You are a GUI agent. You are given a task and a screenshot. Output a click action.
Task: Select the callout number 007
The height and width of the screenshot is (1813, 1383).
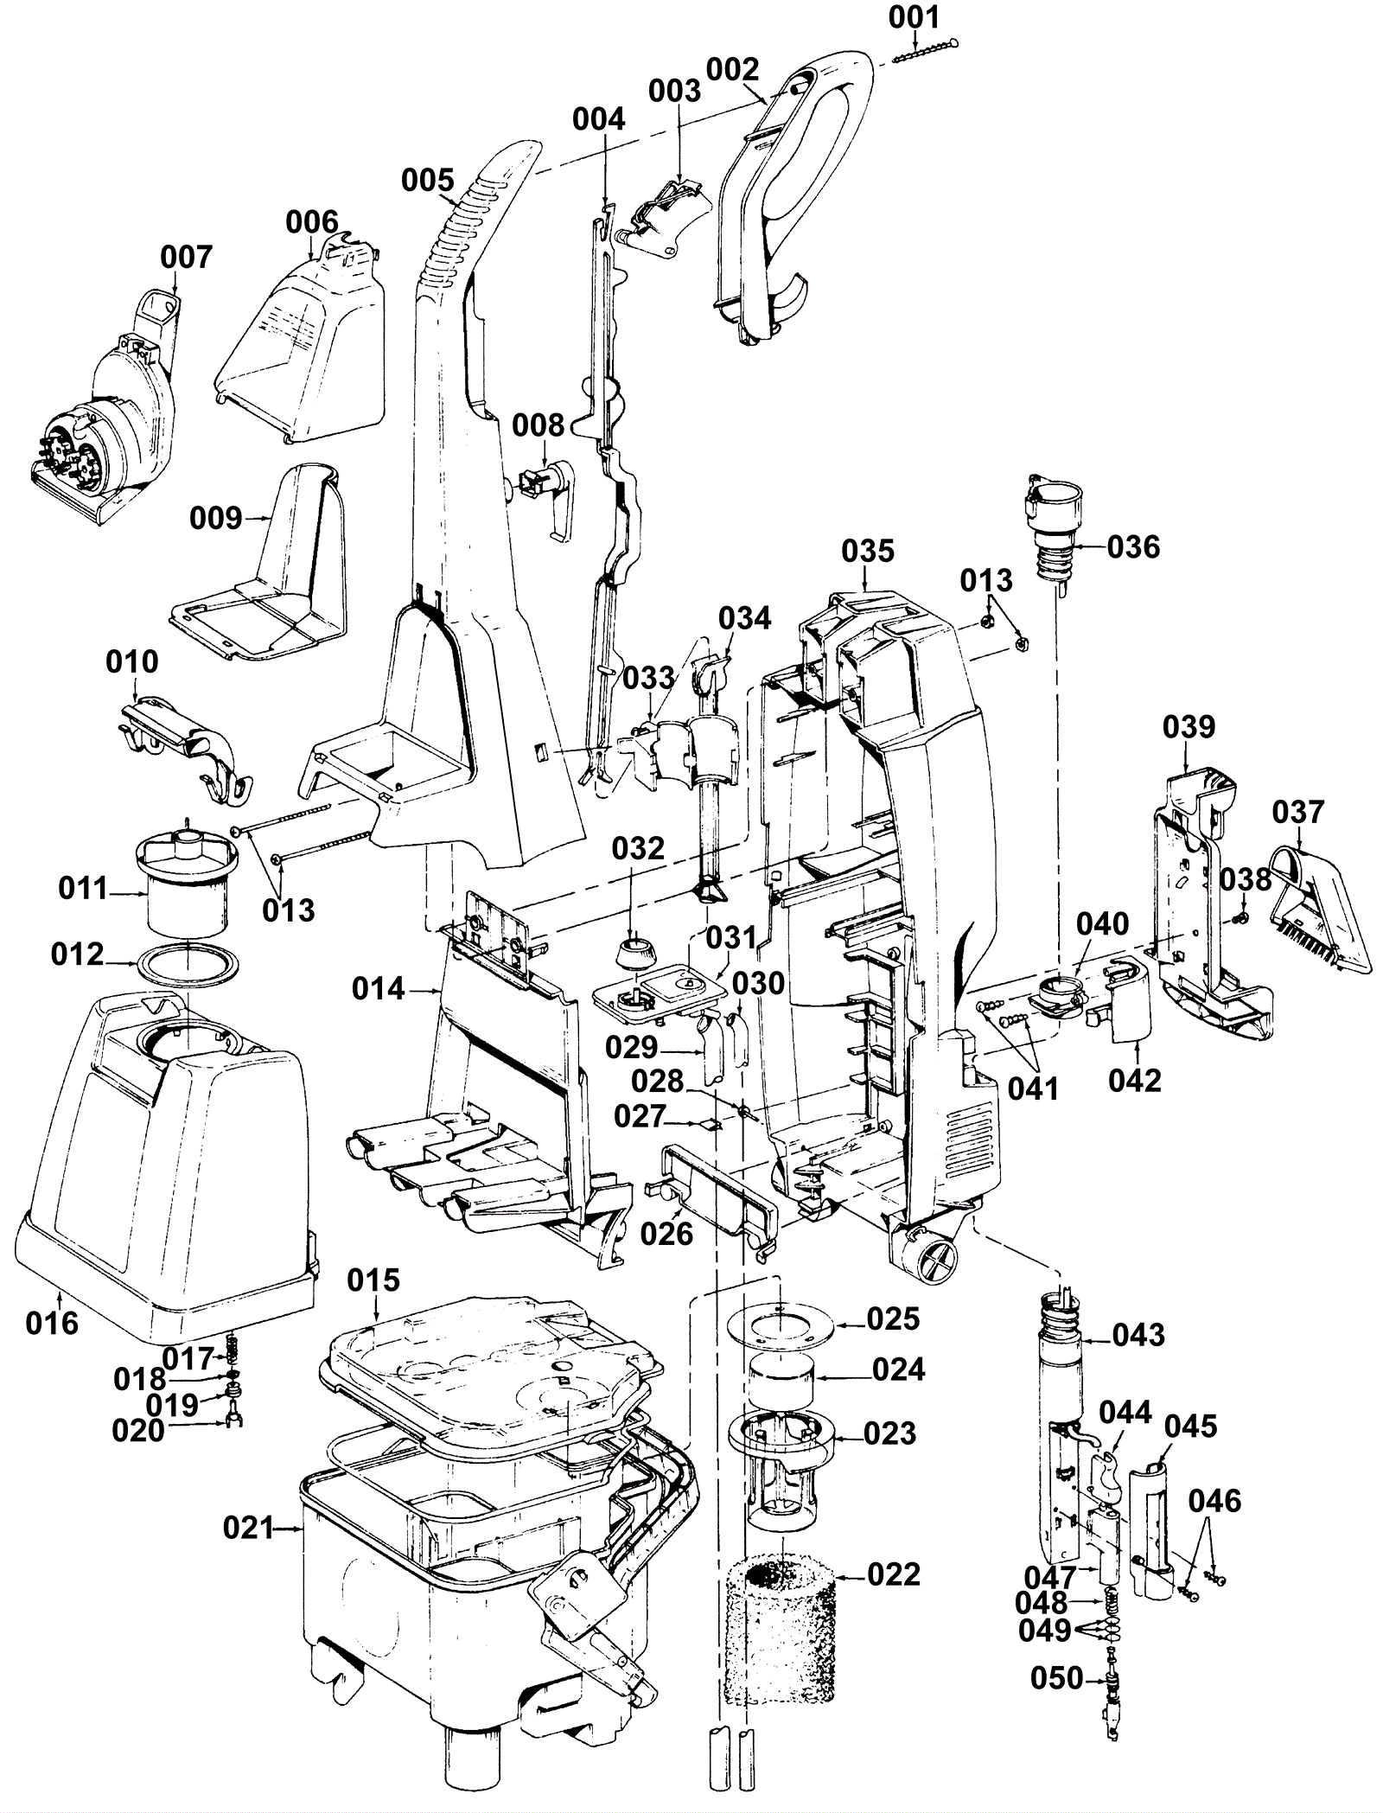pyautogui.click(x=186, y=257)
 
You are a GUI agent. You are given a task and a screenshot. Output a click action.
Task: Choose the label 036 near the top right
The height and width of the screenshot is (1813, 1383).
pyautogui.click(x=1133, y=546)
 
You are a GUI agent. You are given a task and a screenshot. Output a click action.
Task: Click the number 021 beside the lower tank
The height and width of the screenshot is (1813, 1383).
pyautogui.click(x=248, y=1528)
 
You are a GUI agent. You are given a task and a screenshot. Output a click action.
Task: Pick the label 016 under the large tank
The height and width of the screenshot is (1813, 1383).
pyautogui.click(x=52, y=1322)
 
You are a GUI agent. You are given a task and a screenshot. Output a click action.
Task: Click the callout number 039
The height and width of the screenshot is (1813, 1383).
pyautogui.click(x=1189, y=727)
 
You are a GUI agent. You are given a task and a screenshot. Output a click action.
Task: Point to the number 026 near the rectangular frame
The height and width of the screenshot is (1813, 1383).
pyautogui.click(x=666, y=1234)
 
